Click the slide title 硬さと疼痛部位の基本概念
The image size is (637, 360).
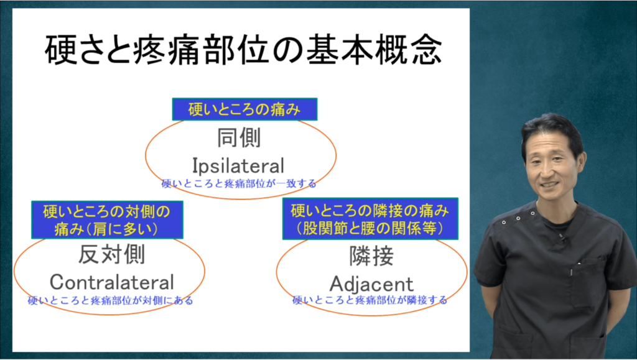(243, 50)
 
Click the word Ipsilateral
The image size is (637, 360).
(238, 165)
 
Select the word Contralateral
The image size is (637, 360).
(112, 282)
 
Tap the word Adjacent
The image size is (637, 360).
(371, 284)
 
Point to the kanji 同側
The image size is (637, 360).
(238, 137)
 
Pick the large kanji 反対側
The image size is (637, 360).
(111, 254)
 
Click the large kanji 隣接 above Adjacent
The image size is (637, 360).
(372, 256)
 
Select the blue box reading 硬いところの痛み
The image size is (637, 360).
(244, 109)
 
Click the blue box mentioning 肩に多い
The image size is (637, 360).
(107, 220)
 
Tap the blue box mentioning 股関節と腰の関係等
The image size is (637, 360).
(370, 219)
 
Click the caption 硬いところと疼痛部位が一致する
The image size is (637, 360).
(239, 183)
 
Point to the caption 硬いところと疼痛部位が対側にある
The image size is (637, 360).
(110, 301)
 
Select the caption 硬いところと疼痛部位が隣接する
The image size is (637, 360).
(370, 300)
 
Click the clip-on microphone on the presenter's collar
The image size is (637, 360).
(562, 236)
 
